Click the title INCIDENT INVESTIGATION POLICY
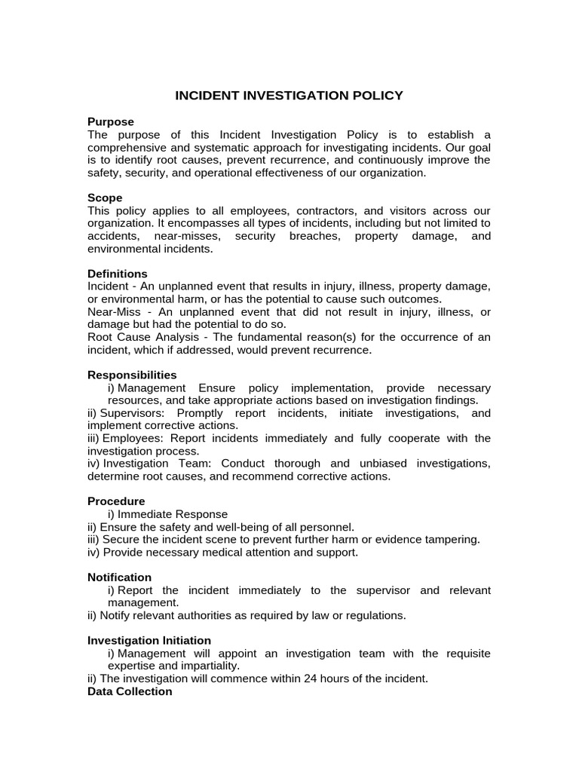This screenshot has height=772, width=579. coord(289,96)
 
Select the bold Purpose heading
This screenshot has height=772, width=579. coord(111,122)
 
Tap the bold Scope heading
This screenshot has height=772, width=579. coord(105,198)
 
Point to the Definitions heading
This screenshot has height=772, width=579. coord(118,274)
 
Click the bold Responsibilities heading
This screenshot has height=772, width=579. coord(132,375)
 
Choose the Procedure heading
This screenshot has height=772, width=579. coord(116,501)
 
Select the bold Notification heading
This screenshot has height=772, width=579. coord(119,577)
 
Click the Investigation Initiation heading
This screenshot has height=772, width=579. coord(149,641)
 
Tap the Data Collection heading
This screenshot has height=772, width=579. coord(130,691)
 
